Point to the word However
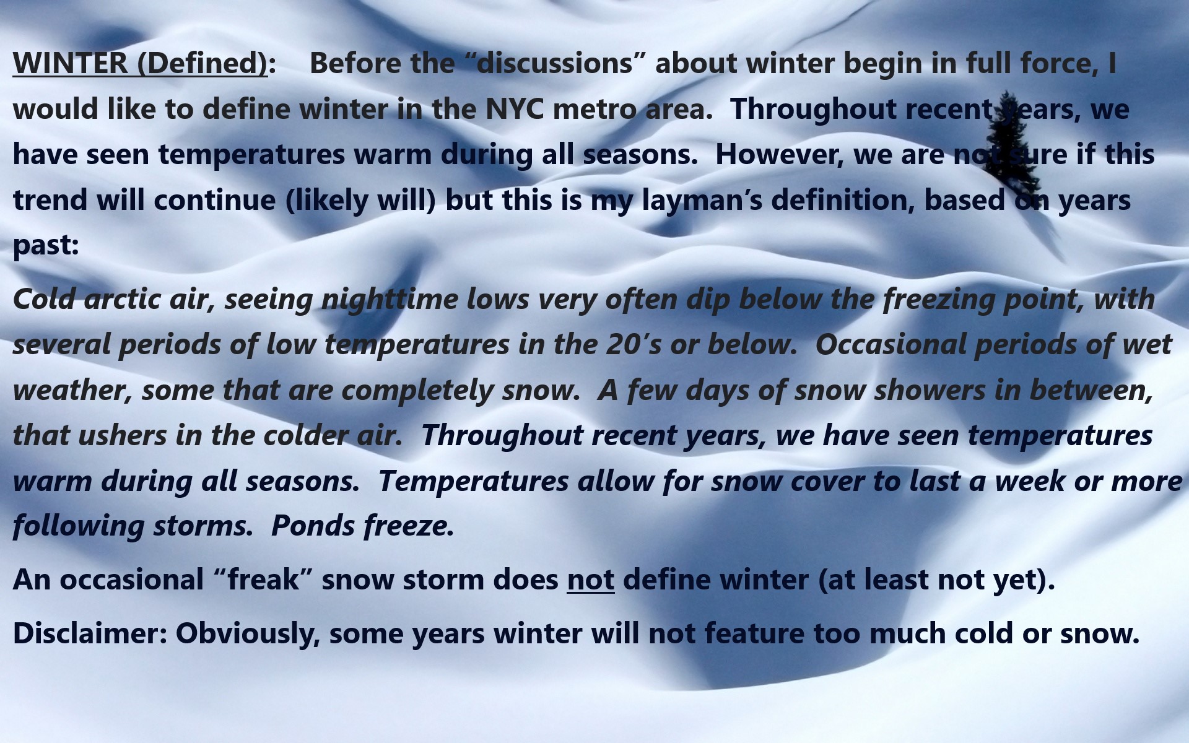click(x=780, y=154)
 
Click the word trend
click(x=50, y=200)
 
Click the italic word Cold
click(x=44, y=299)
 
